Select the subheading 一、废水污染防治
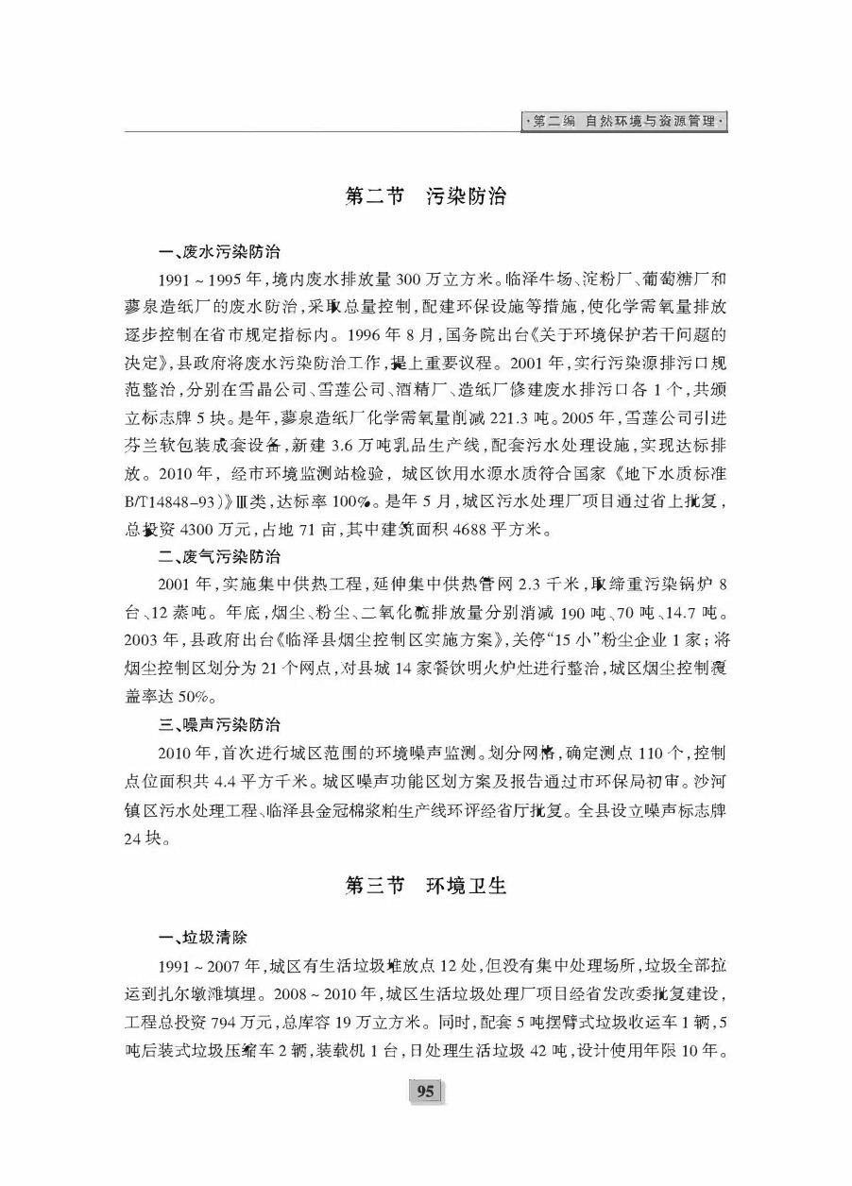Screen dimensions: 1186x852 coord(218,252)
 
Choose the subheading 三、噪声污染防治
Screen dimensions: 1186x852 coord(218,725)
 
